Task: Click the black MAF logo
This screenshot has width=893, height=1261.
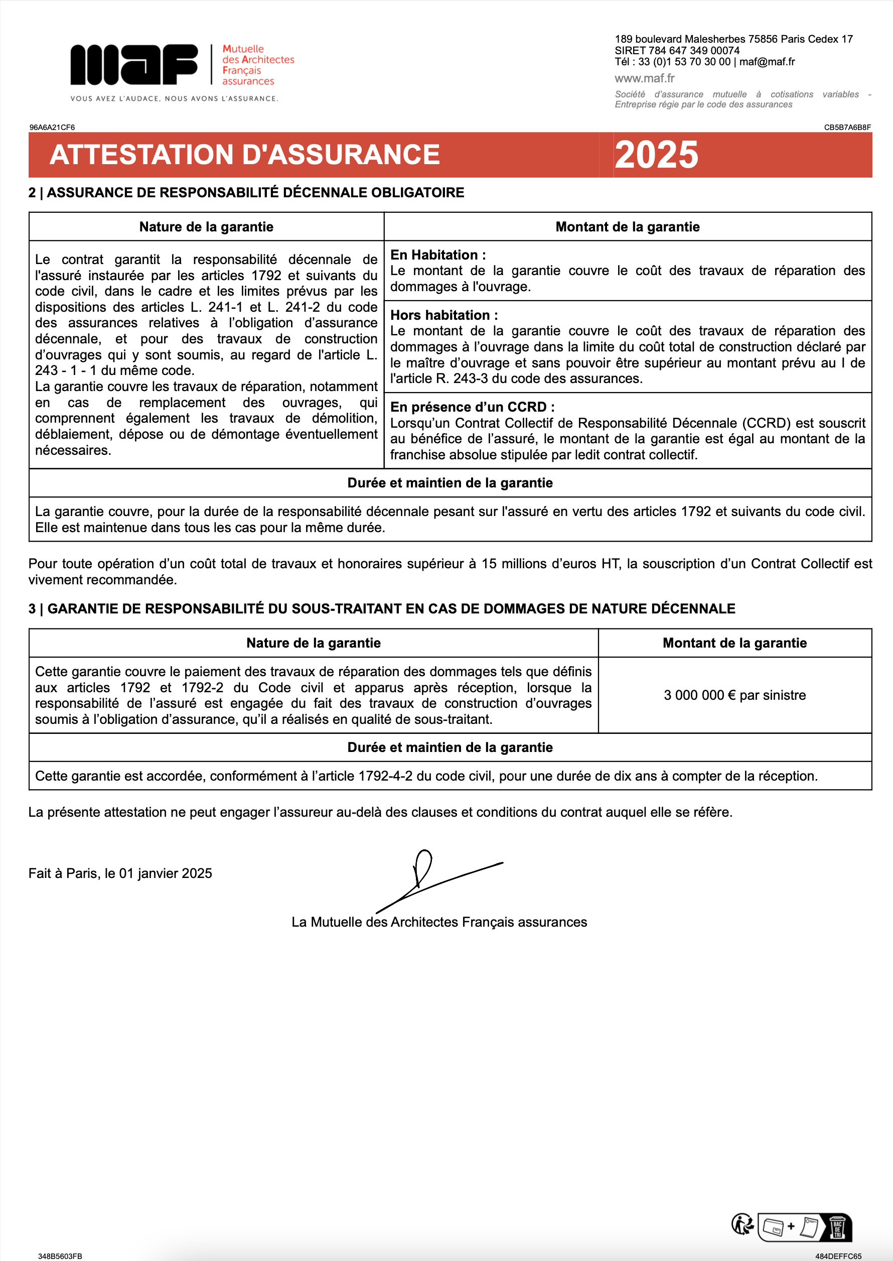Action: (x=133, y=64)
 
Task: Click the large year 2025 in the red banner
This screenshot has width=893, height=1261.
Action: (x=656, y=155)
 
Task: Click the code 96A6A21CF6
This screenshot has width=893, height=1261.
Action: (x=52, y=127)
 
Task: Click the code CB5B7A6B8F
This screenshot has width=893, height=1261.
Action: (x=847, y=127)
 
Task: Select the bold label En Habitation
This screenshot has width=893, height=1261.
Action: (x=437, y=255)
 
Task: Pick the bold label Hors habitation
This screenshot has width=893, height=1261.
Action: (x=444, y=315)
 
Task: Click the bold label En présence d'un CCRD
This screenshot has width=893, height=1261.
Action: (x=472, y=407)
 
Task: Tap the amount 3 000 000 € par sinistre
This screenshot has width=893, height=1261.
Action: (x=734, y=695)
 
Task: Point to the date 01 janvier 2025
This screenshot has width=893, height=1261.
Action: (x=166, y=873)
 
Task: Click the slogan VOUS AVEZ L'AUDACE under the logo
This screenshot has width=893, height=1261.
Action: (x=174, y=98)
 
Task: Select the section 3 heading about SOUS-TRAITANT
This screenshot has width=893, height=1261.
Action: (x=382, y=608)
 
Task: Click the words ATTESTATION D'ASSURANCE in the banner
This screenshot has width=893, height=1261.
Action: (x=245, y=155)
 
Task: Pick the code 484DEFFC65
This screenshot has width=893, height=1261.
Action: (x=838, y=1256)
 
